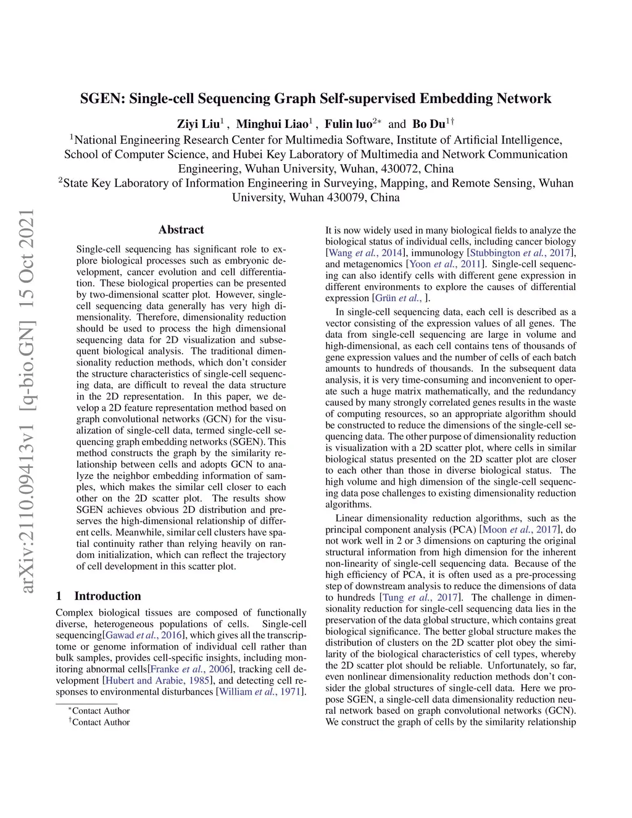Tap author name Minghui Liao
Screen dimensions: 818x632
[272, 123]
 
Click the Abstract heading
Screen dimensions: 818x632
[181, 230]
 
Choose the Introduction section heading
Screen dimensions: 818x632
[107, 596]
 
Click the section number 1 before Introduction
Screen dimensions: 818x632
[59, 596]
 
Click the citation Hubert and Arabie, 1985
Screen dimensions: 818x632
[158, 680]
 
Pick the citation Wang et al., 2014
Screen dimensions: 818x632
[366, 253]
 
